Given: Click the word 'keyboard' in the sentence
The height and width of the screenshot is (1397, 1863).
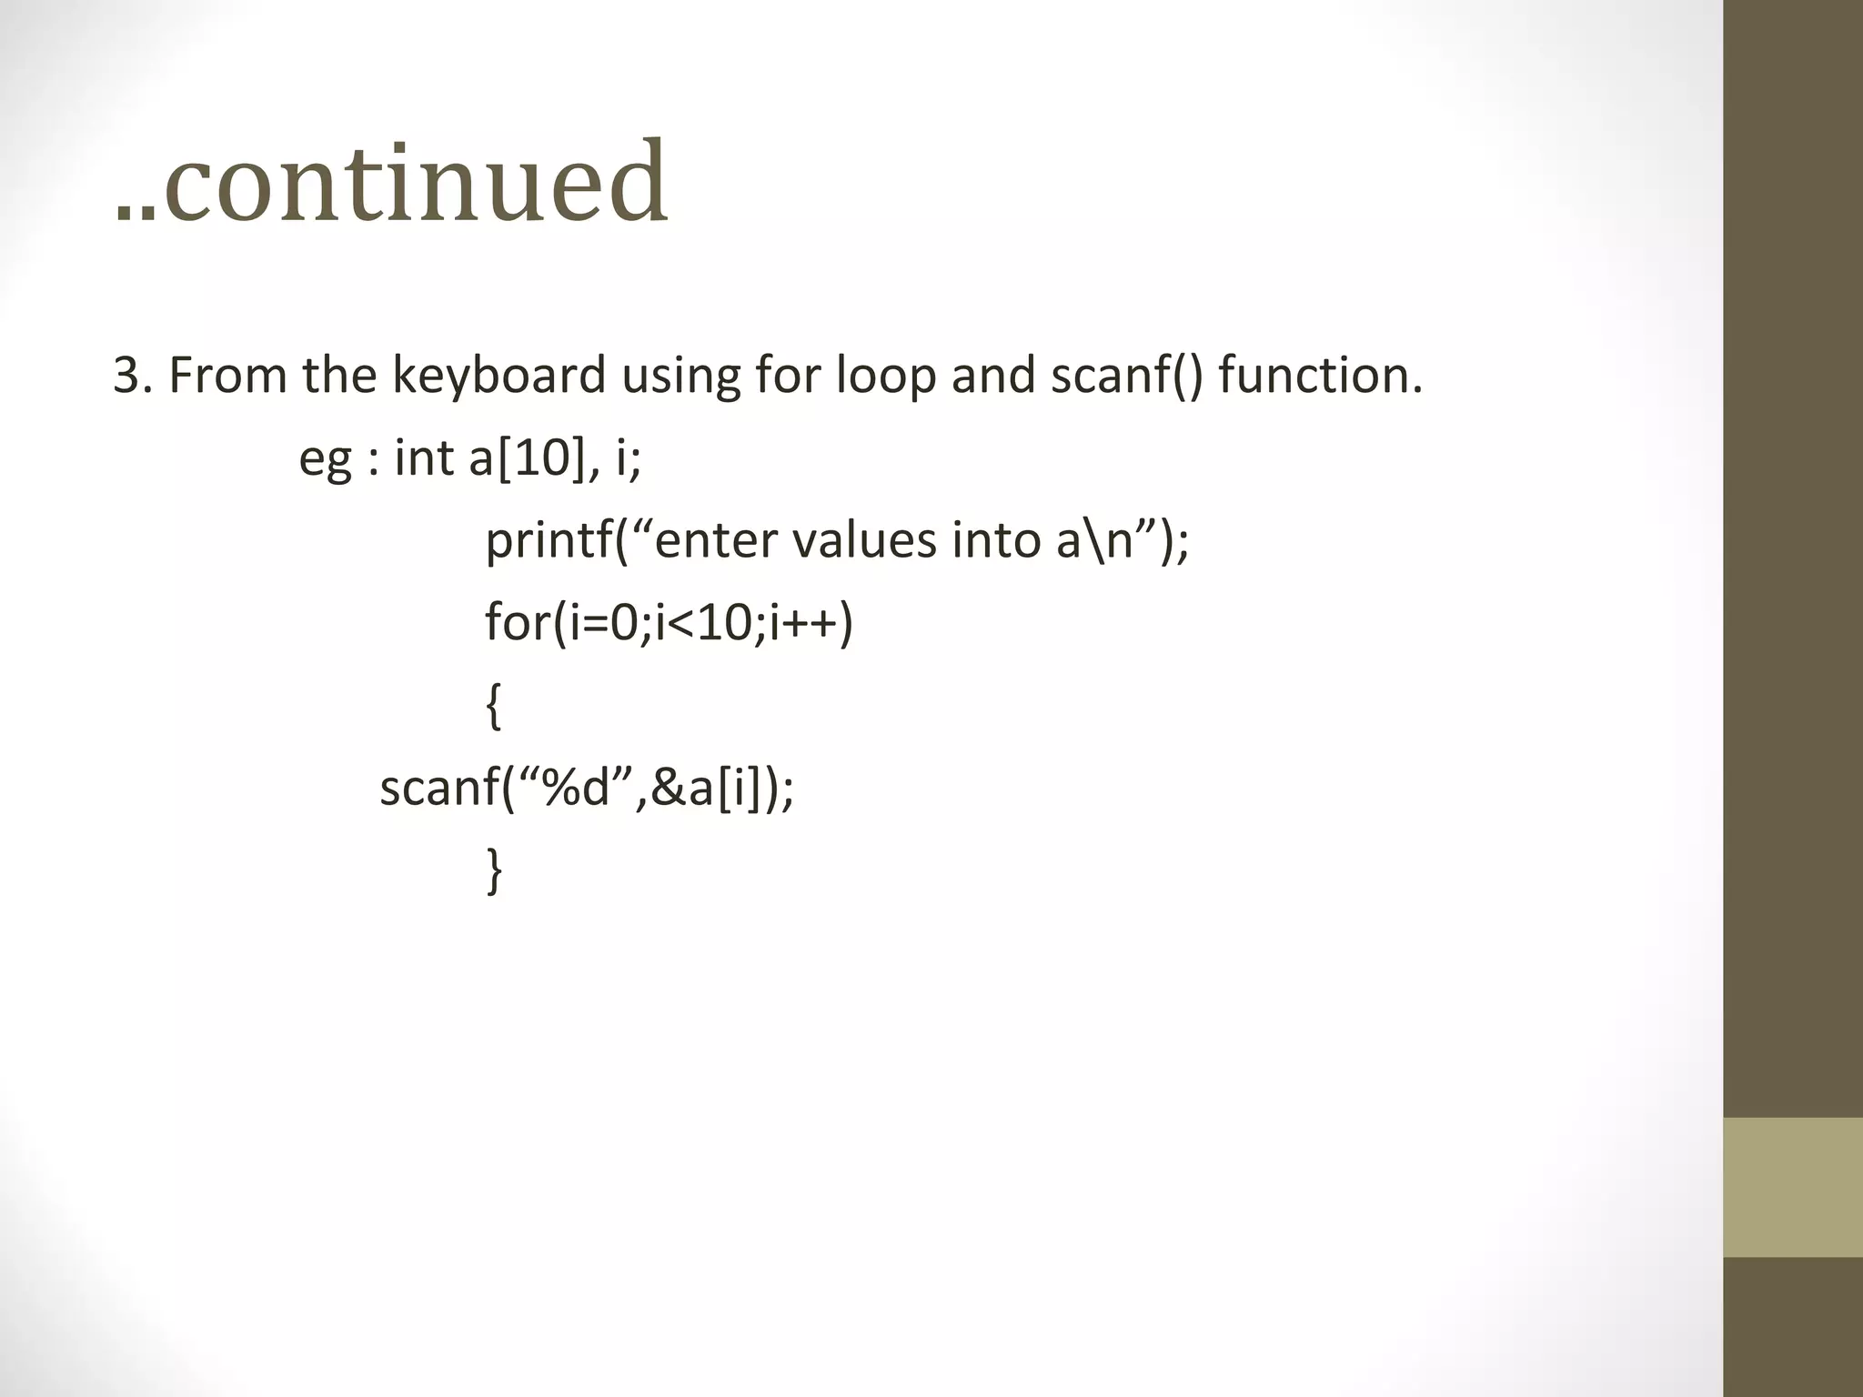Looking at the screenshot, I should (498, 375).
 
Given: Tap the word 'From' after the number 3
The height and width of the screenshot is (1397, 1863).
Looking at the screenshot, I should (227, 375).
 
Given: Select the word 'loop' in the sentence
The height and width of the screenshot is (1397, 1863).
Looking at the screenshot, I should (886, 375).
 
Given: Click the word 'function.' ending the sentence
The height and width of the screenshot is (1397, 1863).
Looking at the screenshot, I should (1320, 375).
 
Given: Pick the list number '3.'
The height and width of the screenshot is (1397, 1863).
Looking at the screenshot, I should (133, 375).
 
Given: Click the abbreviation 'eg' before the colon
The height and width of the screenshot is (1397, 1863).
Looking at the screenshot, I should (325, 458).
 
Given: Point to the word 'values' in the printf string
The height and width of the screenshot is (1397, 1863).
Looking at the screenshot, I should (864, 540).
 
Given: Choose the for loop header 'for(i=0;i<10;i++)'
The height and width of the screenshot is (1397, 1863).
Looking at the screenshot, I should (669, 623).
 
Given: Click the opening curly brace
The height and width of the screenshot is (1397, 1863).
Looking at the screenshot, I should (493, 706).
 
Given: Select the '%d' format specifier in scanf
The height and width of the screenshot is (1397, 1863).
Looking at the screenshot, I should (575, 788).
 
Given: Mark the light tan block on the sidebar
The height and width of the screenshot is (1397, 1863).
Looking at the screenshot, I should (1792, 1187).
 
